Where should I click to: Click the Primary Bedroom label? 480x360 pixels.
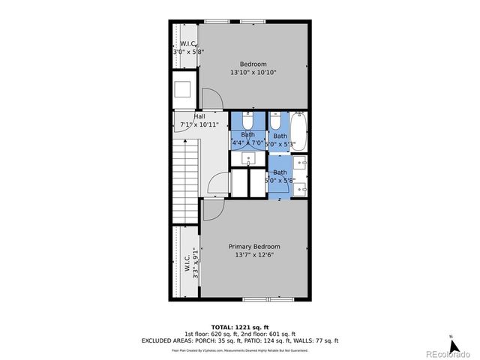point(254,247)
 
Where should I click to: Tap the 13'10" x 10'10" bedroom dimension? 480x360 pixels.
point(254,73)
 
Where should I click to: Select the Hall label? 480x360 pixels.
point(199,116)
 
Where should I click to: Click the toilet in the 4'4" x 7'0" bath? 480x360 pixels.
point(247,121)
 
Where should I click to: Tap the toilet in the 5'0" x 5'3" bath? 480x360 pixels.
point(275,121)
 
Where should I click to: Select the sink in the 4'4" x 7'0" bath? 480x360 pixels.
point(248,159)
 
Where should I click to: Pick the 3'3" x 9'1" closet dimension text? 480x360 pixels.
point(196,263)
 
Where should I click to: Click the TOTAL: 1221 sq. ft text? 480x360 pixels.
point(240,327)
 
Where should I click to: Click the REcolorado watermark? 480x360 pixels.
point(448,352)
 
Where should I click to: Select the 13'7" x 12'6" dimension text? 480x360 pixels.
point(254,255)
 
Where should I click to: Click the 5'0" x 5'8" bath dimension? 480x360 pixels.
point(280,180)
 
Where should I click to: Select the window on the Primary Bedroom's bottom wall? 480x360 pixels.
point(266,300)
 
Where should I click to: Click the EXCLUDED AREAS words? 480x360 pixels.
point(166,340)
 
